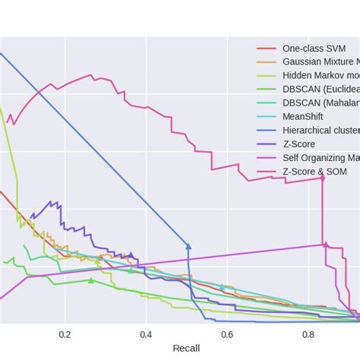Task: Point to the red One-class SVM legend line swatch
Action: pyautogui.click(x=266, y=47)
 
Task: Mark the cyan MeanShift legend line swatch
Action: pyautogui.click(x=266, y=116)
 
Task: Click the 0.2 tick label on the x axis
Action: pyautogui.click(x=65, y=334)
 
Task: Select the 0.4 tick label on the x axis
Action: pyautogui.click(x=146, y=334)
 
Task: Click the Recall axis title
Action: pyautogui.click(x=187, y=349)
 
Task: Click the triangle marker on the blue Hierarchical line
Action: pyautogui.click(x=188, y=245)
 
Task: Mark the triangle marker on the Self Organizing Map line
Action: pyautogui.click(x=325, y=244)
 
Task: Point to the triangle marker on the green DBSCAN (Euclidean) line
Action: pyautogui.click(x=91, y=280)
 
